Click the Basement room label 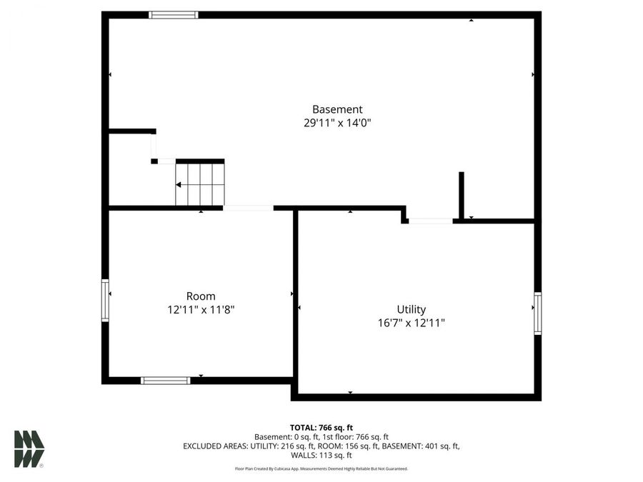pyautogui.click(x=337, y=109)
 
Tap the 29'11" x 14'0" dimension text pyautogui.click(x=337, y=123)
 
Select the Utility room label pyautogui.click(x=412, y=309)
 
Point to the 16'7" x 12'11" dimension pyautogui.click(x=412, y=323)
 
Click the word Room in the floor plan pyautogui.click(x=201, y=296)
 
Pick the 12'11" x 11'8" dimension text pyautogui.click(x=201, y=310)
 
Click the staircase pyautogui.click(x=200, y=184)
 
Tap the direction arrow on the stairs pyautogui.click(x=179, y=185)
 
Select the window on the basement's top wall pyautogui.click(x=174, y=14)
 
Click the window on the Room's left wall pyautogui.click(x=105, y=301)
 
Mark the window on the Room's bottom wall pyautogui.click(x=166, y=381)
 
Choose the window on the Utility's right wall pyautogui.click(x=538, y=313)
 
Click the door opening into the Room pyautogui.click(x=248, y=208)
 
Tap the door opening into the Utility pyautogui.click(x=430, y=221)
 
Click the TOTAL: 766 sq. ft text pyautogui.click(x=321, y=427)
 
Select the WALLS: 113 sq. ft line pyautogui.click(x=321, y=455)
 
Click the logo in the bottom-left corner pyautogui.click(x=29, y=449)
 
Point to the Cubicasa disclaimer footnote pyautogui.click(x=321, y=469)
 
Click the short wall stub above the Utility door pyautogui.click(x=462, y=194)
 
